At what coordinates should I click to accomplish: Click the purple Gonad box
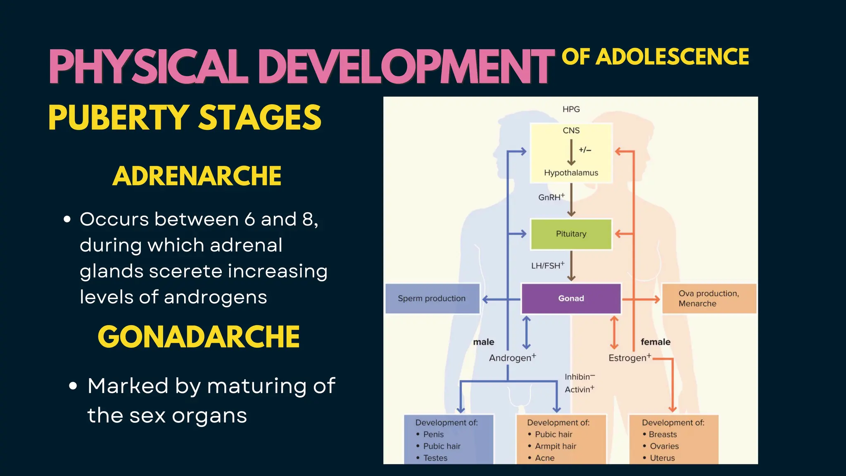pos(571,298)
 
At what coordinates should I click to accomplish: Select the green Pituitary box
pos(571,234)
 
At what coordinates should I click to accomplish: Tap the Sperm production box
pos(432,298)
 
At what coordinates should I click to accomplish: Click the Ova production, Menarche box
pos(709,298)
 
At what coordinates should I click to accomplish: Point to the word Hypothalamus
pos(571,173)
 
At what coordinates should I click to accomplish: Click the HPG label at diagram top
pos(571,109)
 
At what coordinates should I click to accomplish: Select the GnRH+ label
pos(551,197)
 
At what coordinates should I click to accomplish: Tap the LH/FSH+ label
pos(547,265)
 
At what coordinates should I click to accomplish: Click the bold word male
pos(483,342)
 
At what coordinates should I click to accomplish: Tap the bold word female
pos(655,342)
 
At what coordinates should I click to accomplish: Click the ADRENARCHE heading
pos(197,176)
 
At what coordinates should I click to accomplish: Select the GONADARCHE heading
pos(198,337)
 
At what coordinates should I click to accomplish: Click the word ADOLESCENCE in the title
pos(673,57)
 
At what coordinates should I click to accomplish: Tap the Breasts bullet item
pos(662,434)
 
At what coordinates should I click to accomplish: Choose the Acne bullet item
pos(544,458)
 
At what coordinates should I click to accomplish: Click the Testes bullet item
pos(435,458)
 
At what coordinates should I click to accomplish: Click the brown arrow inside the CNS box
pos(571,152)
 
